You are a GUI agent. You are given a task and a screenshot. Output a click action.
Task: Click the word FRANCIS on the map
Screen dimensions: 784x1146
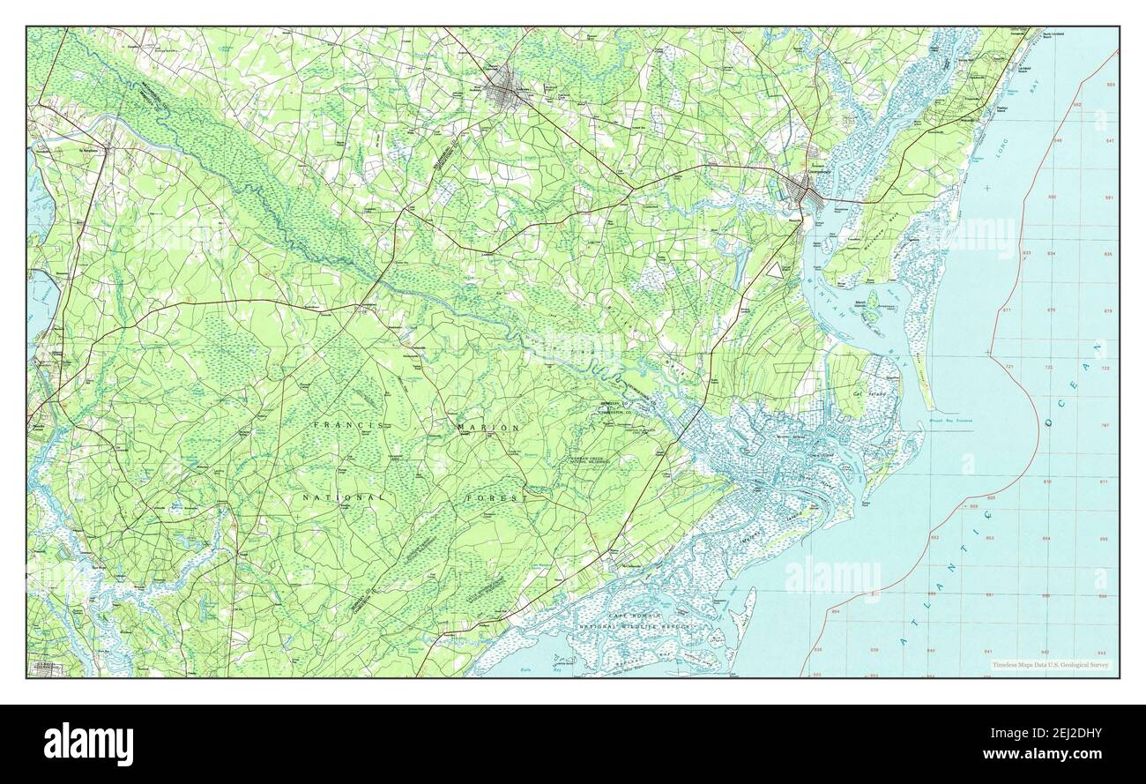pyautogui.click(x=349, y=425)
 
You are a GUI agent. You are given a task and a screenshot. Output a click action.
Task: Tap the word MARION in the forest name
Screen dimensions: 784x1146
pyautogui.click(x=488, y=427)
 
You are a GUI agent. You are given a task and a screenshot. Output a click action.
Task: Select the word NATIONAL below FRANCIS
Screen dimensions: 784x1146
pyautogui.click(x=343, y=498)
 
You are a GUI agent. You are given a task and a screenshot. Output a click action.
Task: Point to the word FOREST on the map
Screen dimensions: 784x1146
pyautogui.click(x=497, y=499)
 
